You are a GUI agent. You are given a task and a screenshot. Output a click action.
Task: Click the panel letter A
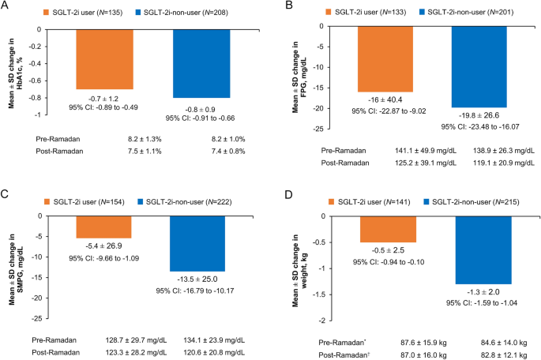tap(6, 6)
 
